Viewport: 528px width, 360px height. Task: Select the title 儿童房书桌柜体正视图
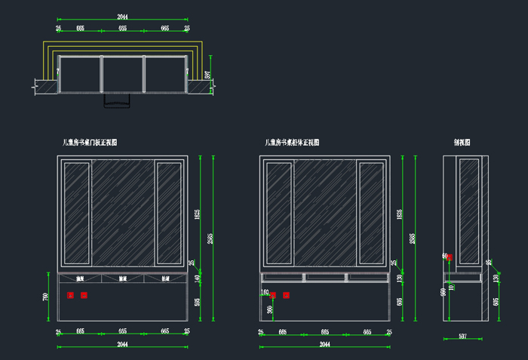(x=292, y=142)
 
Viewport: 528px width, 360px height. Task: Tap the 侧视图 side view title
(x=462, y=142)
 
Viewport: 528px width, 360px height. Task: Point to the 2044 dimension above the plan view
(x=122, y=17)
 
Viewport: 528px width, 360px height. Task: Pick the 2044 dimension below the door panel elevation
(x=122, y=345)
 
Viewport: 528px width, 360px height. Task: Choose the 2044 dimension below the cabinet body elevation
(x=325, y=345)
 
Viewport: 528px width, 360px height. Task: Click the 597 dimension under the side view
(x=463, y=337)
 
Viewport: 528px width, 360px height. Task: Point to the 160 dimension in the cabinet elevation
(x=265, y=291)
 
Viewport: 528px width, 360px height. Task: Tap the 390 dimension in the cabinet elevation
(x=269, y=309)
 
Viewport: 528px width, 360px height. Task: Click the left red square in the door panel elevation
(x=70, y=295)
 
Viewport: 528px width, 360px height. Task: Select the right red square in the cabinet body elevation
(x=286, y=295)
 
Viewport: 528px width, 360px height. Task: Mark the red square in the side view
(x=450, y=257)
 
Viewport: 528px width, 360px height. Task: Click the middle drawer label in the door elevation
(x=122, y=278)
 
